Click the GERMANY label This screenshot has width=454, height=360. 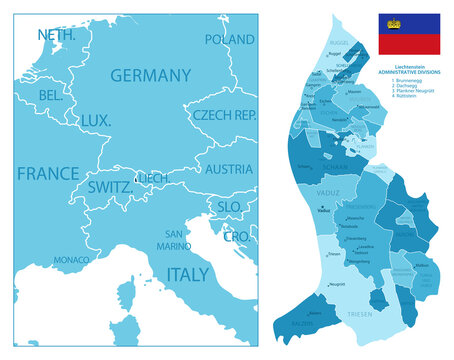[150, 75]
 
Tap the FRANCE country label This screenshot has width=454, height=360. [48, 172]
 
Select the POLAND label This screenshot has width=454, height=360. [229, 40]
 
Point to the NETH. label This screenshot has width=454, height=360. [58, 35]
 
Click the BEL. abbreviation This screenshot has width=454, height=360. [50, 95]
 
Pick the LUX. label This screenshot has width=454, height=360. [96, 120]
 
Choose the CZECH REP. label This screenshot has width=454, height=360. [225, 115]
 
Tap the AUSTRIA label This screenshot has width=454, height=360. [228, 169]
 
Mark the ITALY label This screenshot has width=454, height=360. [187, 273]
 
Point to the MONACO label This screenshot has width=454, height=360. [71, 259]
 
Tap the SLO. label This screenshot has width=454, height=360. [230, 206]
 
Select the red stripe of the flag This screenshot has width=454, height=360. [409, 44]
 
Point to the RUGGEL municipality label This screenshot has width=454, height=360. [339, 43]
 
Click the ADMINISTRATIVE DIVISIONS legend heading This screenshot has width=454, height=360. [409, 73]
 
